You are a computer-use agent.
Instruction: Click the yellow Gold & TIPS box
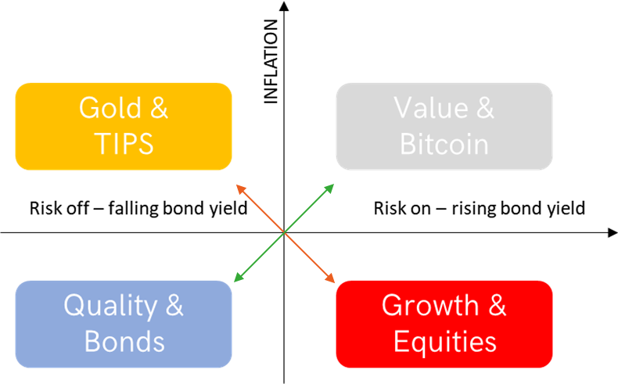[x=124, y=127]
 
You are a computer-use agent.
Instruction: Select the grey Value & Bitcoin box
[x=444, y=127]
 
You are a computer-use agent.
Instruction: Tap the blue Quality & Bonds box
[x=124, y=324]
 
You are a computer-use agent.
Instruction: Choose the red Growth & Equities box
[x=444, y=324]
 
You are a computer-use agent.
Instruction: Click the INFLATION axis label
[x=271, y=62]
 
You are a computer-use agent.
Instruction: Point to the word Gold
[x=110, y=107]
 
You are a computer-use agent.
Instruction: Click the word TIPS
[x=124, y=143]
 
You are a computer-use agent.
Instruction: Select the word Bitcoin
[x=444, y=144]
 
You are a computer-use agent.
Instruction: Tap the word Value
[x=430, y=107]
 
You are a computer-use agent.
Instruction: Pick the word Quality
[x=111, y=307]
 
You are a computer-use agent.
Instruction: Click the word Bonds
[x=124, y=341]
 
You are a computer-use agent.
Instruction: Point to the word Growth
[x=430, y=305]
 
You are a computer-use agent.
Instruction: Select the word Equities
[x=445, y=342]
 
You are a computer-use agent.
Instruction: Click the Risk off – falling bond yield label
[x=138, y=208]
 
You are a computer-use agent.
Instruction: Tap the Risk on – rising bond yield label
[x=480, y=208]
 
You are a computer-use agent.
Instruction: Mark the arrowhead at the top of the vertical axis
[x=284, y=6]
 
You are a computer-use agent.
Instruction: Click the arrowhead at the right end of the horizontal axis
[x=613, y=233]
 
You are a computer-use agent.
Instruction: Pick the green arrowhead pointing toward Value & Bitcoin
[x=329, y=188]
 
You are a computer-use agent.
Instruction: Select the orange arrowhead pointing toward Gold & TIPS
[x=240, y=189]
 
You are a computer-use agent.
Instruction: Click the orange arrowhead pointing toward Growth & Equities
[x=330, y=278]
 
